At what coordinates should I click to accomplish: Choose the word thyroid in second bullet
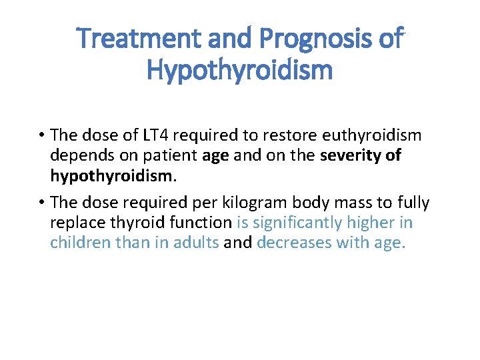point(138,223)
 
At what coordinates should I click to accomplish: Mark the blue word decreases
point(293,243)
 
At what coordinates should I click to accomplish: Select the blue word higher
point(366,223)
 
